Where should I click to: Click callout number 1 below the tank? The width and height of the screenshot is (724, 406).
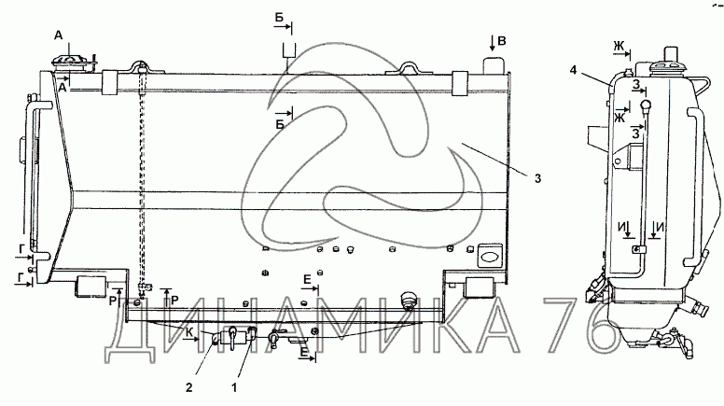[234, 387]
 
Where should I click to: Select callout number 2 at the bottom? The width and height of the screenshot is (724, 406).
[188, 387]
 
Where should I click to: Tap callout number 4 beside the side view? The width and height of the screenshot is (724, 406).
[573, 70]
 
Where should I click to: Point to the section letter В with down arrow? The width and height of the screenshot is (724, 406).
[501, 41]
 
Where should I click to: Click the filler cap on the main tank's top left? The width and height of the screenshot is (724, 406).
[71, 64]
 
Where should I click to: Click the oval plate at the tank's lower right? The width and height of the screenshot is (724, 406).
[489, 256]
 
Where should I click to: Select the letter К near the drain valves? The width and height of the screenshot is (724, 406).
[189, 331]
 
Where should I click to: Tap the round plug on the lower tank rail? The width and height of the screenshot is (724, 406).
[409, 300]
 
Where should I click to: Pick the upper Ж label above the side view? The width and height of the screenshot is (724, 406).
[619, 46]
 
